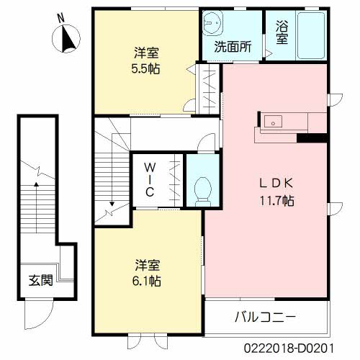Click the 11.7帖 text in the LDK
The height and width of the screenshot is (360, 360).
278,199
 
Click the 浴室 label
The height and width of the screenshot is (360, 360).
282,32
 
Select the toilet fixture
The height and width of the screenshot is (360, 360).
202,189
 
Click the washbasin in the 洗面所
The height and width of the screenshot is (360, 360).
214,25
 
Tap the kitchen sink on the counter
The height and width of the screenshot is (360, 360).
274,121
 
